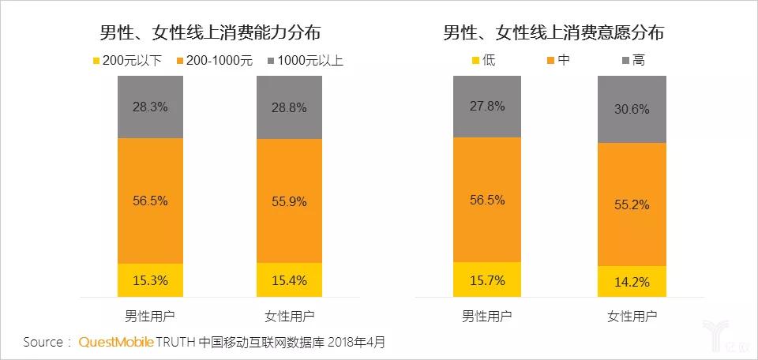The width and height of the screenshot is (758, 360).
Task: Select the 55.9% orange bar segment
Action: tap(289, 201)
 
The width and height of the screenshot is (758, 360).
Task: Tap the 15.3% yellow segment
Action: tap(150, 279)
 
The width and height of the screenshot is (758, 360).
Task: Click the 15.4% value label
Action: tap(289, 280)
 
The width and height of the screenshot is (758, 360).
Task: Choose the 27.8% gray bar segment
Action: tap(486, 106)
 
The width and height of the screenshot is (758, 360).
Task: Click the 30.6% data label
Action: tap(631, 110)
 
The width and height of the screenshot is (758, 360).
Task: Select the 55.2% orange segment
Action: tap(631, 204)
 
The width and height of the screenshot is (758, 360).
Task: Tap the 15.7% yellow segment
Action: tap(486, 279)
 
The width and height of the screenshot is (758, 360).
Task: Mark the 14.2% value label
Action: tap(631, 282)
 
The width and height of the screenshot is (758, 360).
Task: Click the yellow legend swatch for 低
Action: tap(476, 60)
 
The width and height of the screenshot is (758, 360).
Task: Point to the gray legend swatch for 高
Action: tap(627, 60)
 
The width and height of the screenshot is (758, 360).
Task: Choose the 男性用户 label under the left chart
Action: tap(150, 317)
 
